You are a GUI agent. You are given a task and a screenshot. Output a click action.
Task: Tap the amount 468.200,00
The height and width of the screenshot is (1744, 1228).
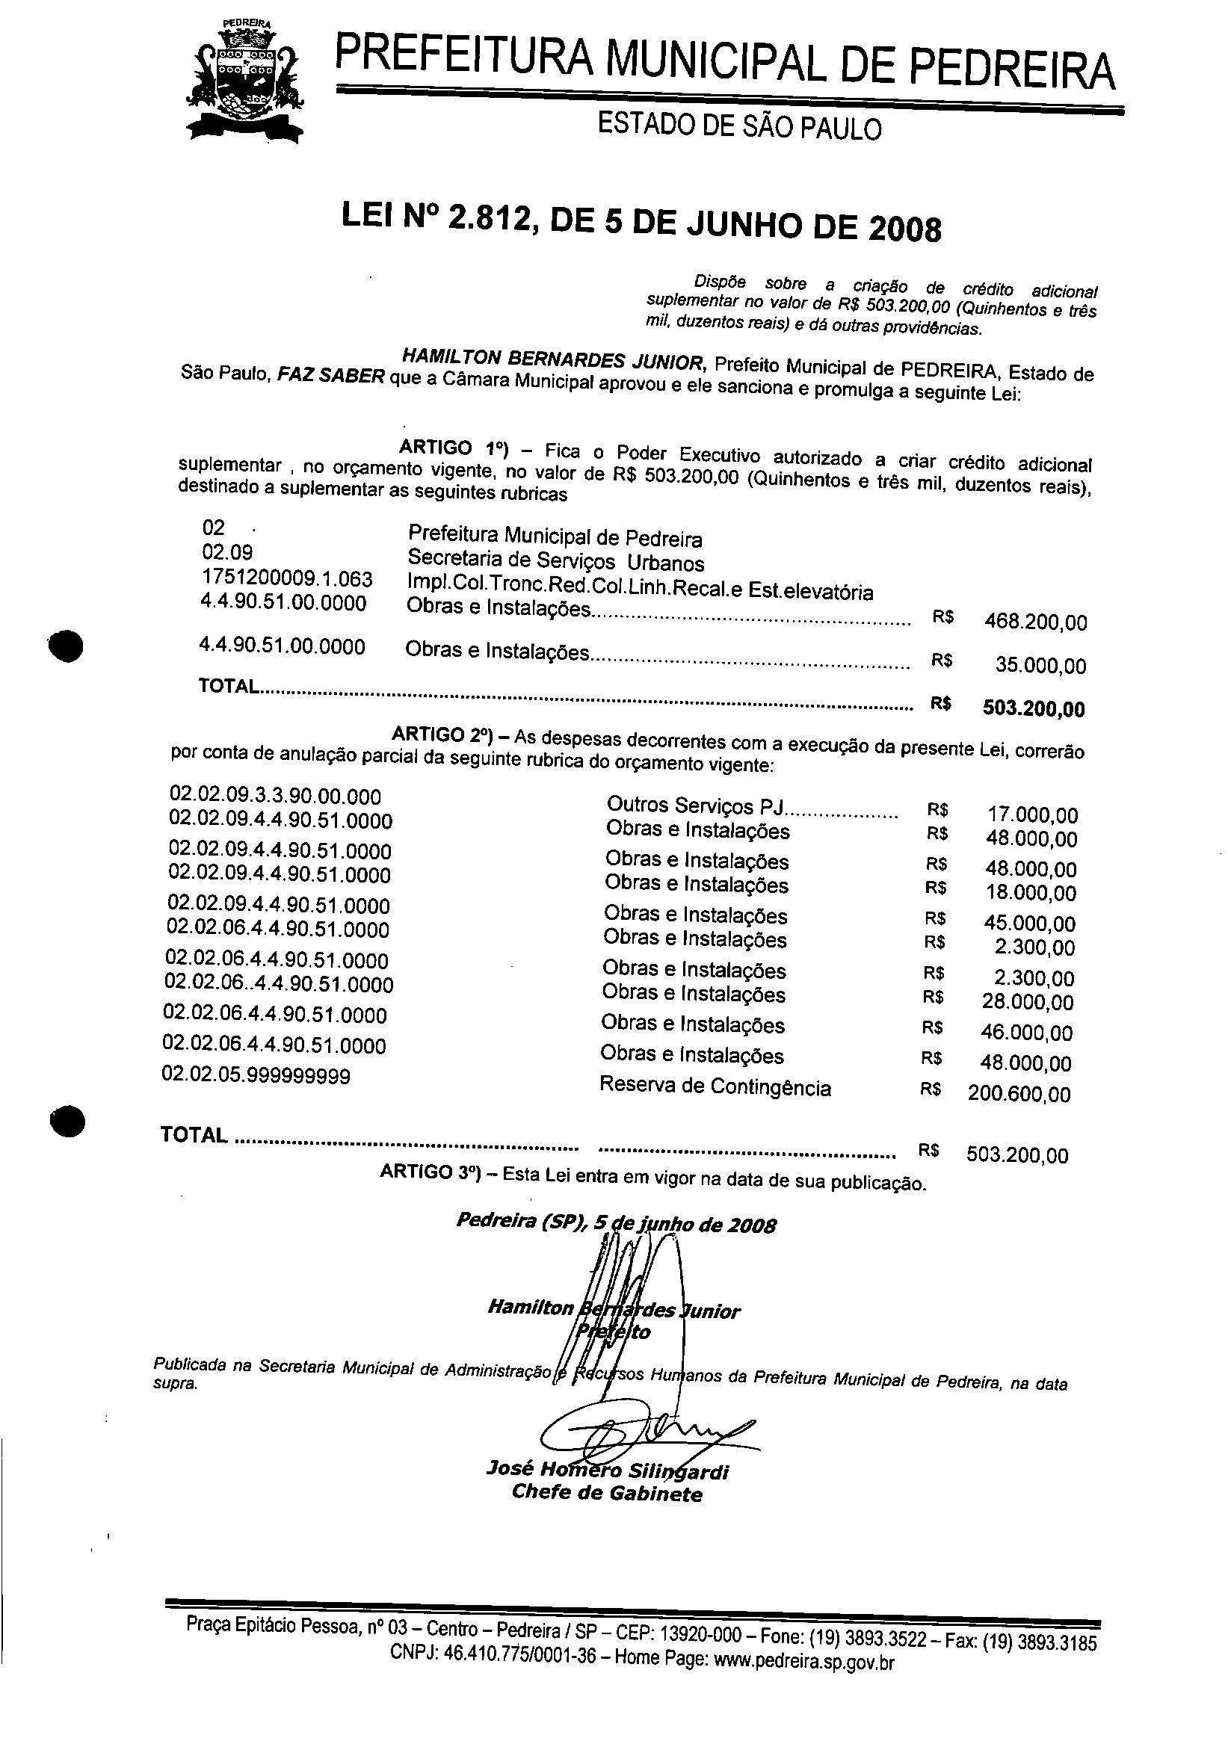click(1035, 623)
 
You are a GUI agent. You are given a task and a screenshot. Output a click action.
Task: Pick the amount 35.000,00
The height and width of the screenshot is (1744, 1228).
click(1040, 667)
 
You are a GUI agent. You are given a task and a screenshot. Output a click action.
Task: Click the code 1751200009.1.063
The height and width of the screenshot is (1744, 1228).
click(287, 579)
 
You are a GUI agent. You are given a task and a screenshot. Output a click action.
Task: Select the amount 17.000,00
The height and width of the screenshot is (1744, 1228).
click(1032, 815)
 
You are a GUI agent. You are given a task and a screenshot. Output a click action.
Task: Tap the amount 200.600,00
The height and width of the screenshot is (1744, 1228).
click(1018, 1094)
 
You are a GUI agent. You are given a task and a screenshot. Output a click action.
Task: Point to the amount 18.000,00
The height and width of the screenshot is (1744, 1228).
click(1031, 892)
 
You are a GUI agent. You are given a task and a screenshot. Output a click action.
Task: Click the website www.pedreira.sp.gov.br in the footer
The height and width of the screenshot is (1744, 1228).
click(804, 1661)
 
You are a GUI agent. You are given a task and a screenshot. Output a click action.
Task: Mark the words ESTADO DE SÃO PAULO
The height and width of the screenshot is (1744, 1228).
click(739, 126)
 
